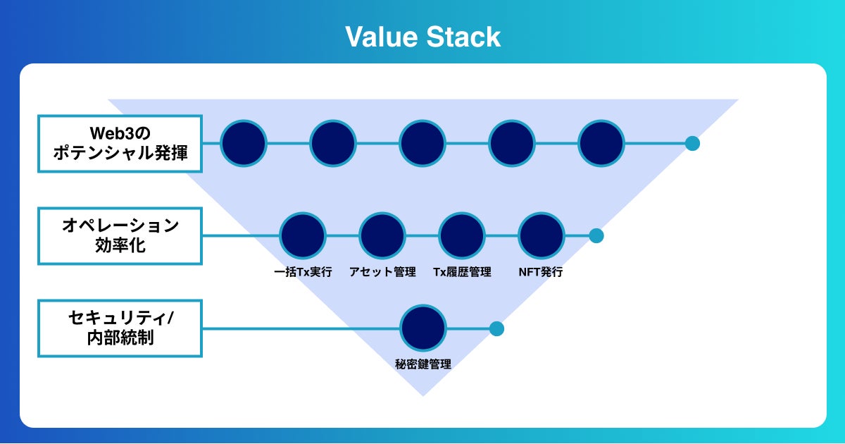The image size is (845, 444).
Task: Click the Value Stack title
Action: tap(423, 37)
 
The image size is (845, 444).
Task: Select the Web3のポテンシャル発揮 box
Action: tap(120, 143)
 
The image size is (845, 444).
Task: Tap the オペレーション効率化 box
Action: tap(120, 235)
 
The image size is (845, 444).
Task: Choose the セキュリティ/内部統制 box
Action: tap(120, 328)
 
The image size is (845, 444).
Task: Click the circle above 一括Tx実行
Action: tap(303, 235)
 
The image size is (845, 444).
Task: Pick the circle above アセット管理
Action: tap(382, 235)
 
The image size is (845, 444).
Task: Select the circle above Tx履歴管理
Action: tap(462, 235)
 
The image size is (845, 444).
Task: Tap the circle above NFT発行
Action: tap(542, 235)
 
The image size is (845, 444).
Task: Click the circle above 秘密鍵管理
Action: tap(423, 328)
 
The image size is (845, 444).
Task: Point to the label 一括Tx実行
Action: tap(303, 272)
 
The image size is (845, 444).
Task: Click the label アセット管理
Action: tap(382, 272)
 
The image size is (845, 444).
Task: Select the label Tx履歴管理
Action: tap(462, 272)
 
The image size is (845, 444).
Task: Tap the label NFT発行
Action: tap(542, 272)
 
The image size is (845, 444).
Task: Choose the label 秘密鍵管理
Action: tap(423, 364)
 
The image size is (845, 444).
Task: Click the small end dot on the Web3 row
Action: tap(692, 143)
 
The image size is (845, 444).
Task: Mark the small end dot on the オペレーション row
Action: tap(596, 235)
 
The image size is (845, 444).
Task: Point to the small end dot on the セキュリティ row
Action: tap(496, 328)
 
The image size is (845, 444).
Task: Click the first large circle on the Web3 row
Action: tap(244, 143)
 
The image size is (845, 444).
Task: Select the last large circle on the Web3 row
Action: tap(601, 143)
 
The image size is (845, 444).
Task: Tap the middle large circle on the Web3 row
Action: tap(423, 143)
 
